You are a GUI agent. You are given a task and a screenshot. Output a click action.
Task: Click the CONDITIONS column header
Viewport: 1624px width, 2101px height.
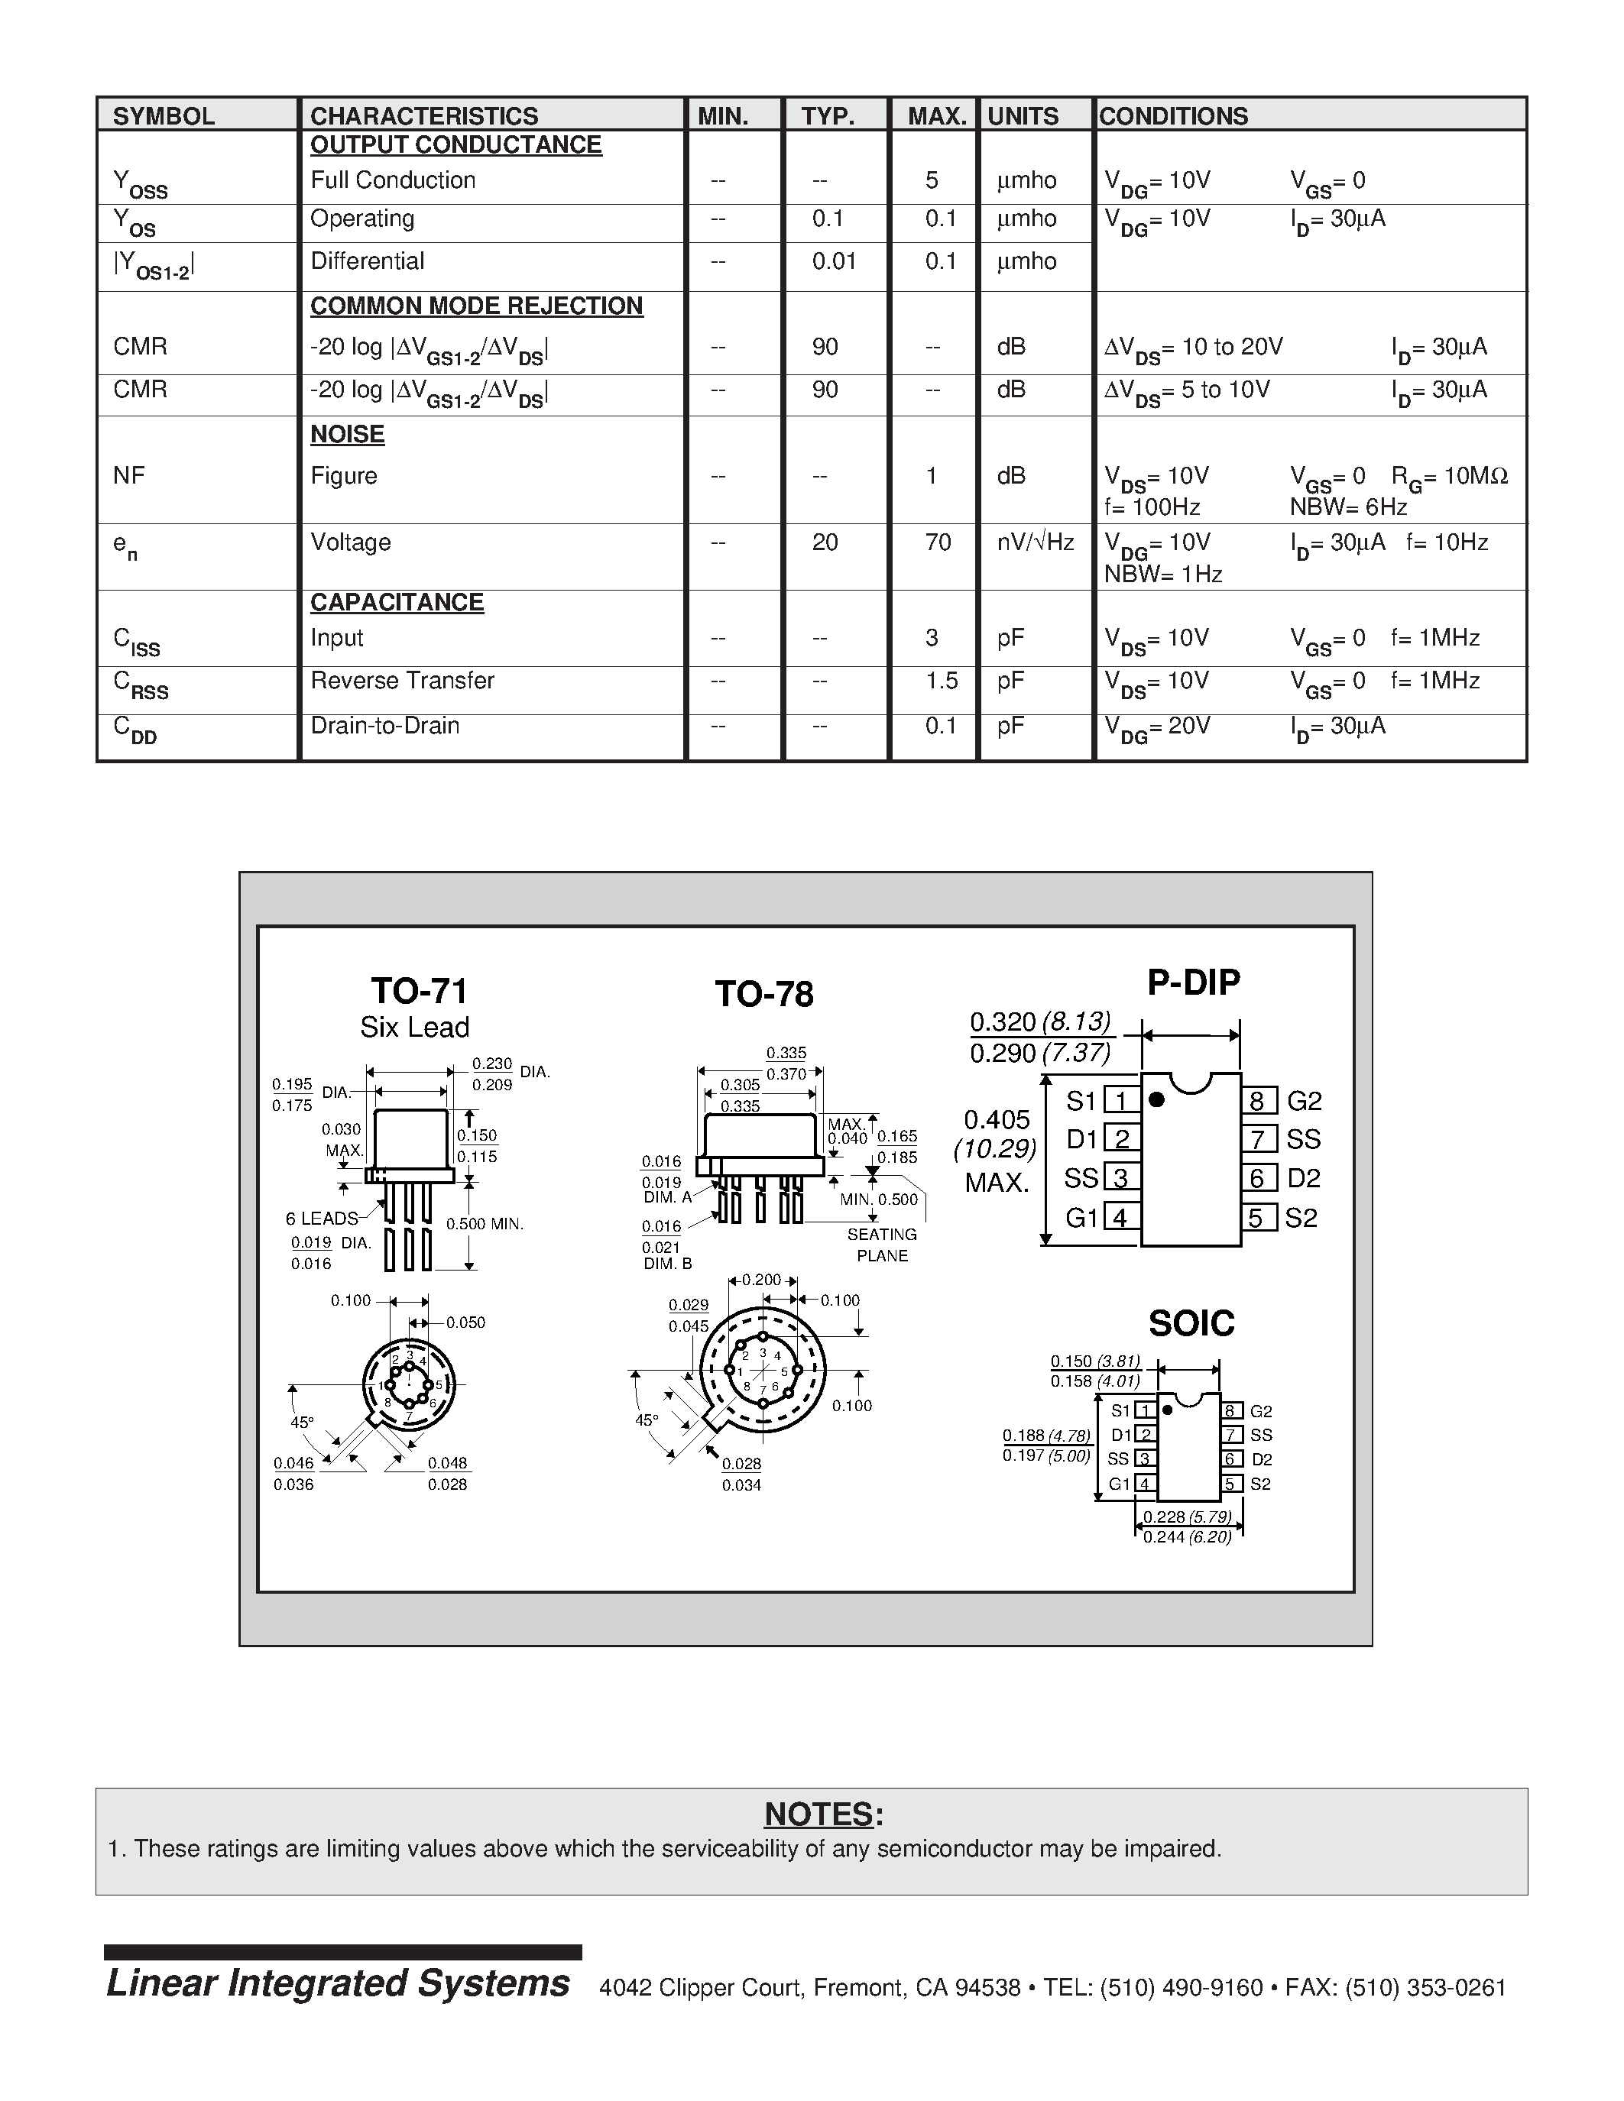coord(1173,116)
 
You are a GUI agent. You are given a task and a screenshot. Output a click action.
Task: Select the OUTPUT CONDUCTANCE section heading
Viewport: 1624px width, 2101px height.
coord(455,145)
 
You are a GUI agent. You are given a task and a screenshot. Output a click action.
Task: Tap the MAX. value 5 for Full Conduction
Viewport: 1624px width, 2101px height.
coord(932,181)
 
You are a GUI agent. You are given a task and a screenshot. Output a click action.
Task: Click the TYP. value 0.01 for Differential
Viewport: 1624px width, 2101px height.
coord(833,261)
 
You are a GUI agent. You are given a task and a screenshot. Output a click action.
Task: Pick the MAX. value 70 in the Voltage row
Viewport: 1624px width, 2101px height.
coord(938,542)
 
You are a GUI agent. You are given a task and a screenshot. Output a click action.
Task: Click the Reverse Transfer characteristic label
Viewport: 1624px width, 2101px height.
coord(402,681)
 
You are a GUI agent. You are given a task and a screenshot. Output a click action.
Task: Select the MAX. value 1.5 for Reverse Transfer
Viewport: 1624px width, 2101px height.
coord(941,681)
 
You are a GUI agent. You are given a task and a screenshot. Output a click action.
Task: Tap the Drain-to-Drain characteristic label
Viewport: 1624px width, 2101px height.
coord(385,725)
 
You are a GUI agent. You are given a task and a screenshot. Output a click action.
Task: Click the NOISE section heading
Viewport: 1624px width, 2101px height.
coord(347,435)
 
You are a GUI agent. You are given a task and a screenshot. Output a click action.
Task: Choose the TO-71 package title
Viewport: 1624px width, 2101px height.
coord(419,991)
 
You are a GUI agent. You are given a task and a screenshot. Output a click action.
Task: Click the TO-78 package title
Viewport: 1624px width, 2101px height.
coord(764,994)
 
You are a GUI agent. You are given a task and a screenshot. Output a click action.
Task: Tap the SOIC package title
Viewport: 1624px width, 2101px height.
coord(1191,1324)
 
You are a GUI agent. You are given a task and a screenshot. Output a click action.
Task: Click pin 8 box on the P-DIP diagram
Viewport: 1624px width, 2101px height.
coord(1257,1100)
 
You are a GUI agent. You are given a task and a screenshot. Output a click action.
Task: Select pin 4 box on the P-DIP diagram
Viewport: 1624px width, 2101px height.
coord(1120,1218)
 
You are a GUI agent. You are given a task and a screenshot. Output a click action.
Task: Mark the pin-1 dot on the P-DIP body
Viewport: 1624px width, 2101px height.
coord(1156,1099)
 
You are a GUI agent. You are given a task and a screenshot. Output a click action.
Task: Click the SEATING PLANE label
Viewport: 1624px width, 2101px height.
coord(881,1245)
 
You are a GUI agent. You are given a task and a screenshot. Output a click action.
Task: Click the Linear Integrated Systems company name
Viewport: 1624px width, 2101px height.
coord(338,1983)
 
